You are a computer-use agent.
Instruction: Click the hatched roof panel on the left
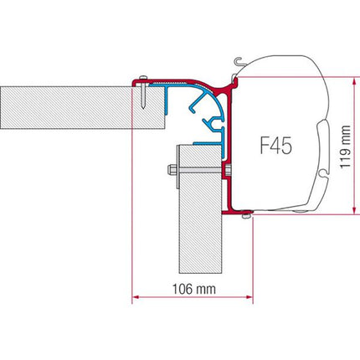click(x=67, y=106)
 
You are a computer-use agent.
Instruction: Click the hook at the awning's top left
click(x=240, y=60)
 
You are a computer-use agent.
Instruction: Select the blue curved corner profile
click(x=201, y=105)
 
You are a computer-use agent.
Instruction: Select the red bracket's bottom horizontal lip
click(x=239, y=210)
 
